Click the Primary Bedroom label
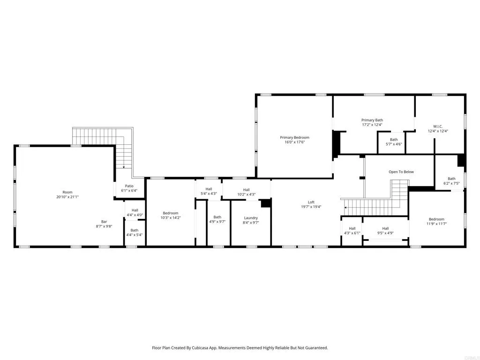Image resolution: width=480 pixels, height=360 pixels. (294, 137)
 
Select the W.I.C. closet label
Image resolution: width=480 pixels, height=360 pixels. (437, 126)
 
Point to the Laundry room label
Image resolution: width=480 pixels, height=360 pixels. (251, 218)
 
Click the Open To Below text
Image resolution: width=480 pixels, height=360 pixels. (401, 172)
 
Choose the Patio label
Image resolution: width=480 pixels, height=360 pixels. (129, 186)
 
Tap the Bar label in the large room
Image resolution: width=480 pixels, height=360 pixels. (104, 222)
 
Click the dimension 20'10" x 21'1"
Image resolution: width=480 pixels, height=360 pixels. (67, 197)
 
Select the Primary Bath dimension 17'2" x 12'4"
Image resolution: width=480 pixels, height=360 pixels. (372, 125)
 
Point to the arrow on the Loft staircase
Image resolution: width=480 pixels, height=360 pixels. (345, 207)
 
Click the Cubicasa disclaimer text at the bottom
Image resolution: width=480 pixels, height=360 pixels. (240, 348)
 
